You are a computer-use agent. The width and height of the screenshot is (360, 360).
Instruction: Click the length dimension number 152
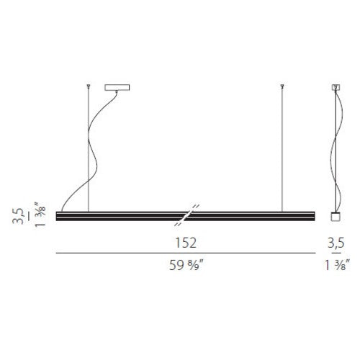[186, 243]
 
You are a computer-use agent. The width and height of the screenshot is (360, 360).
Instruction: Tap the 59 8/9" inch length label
[186, 265]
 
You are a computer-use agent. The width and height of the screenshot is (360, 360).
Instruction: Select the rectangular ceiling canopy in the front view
[117, 87]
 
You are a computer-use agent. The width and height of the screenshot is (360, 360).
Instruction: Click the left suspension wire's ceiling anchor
[89, 86]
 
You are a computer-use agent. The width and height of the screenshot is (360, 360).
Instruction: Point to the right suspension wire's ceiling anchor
[282, 86]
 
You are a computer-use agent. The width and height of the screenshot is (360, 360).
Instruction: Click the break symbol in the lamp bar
[186, 215]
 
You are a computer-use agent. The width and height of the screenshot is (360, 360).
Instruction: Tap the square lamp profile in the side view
[336, 217]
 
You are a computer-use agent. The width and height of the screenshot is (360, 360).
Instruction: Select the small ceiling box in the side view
[336, 87]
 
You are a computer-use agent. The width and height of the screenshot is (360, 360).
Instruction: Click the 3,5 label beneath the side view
[336, 243]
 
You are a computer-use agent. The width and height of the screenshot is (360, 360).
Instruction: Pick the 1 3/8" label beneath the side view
[337, 265]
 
